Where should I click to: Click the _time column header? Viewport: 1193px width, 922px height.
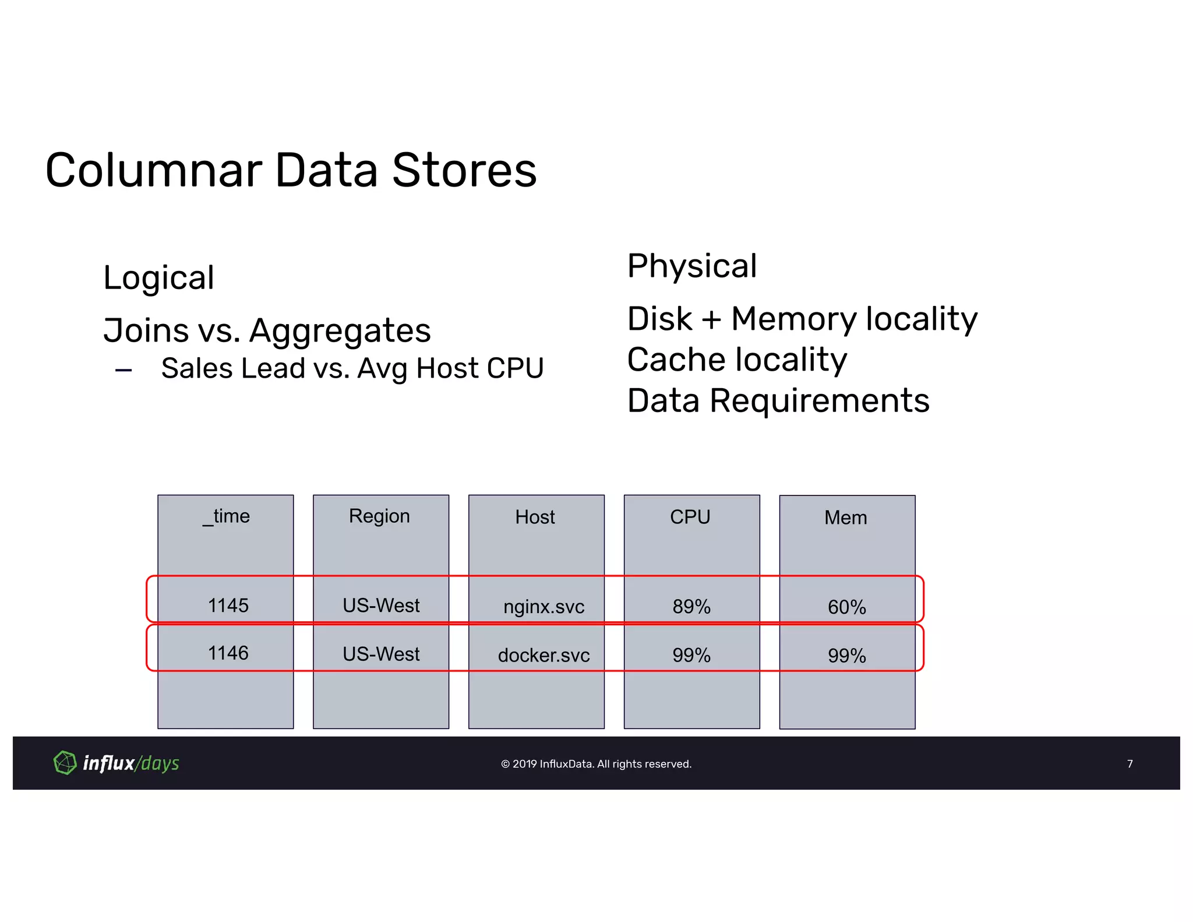coord(226,516)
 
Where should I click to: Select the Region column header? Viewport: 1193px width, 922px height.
coord(379,516)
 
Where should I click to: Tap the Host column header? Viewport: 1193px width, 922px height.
coord(535,517)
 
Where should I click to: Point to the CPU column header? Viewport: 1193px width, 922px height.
coord(690,517)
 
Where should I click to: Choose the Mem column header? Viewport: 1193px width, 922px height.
coord(845,518)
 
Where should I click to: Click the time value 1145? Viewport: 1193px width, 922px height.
coord(228,606)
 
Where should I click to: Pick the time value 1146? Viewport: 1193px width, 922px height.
coord(228,653)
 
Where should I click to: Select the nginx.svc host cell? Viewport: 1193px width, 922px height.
coord(543,607)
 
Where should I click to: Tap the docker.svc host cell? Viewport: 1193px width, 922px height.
coord(543,656)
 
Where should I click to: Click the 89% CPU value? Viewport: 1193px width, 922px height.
coord(691,607)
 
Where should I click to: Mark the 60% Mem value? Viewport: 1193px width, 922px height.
coord(846,607)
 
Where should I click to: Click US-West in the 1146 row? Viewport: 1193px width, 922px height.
coord(381,654)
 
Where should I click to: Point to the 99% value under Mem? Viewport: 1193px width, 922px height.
coord(846,656)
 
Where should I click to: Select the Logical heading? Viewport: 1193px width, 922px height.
coord(158,277)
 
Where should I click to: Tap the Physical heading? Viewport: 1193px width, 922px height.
coord(691,266)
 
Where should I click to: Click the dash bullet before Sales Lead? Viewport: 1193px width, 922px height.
coord(123,370)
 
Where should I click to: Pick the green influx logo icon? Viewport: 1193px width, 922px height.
coord(65,762)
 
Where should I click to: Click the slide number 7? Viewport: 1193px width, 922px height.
coord(1130,763)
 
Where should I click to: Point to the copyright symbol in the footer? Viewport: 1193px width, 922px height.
coord(505,764)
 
